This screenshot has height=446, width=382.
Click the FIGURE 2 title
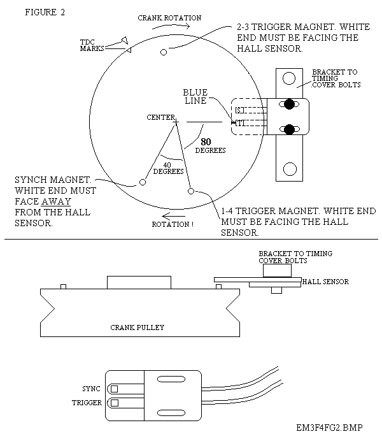[45, 12]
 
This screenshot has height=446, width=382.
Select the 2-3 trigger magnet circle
[164, 52]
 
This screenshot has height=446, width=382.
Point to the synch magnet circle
[143, 182]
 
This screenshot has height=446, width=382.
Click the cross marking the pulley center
[176, 121]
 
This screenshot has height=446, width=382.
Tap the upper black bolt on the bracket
[290, 104]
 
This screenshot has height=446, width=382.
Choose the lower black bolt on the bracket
[290, 130]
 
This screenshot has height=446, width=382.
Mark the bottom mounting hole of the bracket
[289, 169]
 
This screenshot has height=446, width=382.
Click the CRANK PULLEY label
[138, 327]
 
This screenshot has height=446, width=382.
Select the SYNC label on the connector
[91, 388]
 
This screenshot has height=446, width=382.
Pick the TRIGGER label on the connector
[86, 403]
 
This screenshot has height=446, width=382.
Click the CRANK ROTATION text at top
[169, 18]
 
